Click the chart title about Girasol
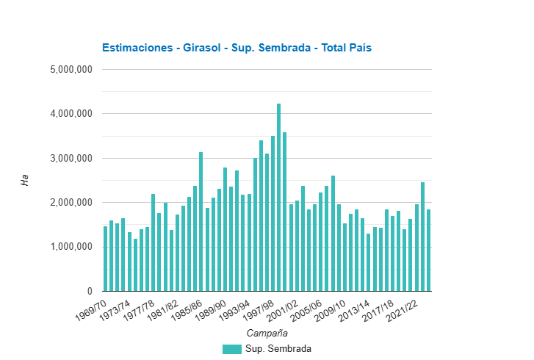pos(237,48)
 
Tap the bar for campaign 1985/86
pos(201,221)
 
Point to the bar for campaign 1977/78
pos(154,242)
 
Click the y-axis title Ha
pos(24,180)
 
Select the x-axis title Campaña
pos(267,333)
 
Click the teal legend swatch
pos(231,349)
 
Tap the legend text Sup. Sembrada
pos(278,349)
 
